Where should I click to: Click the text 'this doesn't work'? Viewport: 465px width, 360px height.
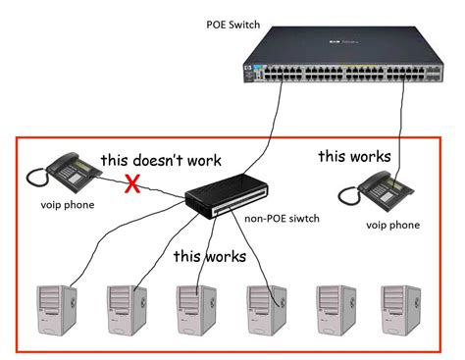161,159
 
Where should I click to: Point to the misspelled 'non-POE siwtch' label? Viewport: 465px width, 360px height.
285,220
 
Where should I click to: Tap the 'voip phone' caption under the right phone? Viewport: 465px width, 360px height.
392,225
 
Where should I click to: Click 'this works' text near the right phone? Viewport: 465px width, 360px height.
354,155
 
